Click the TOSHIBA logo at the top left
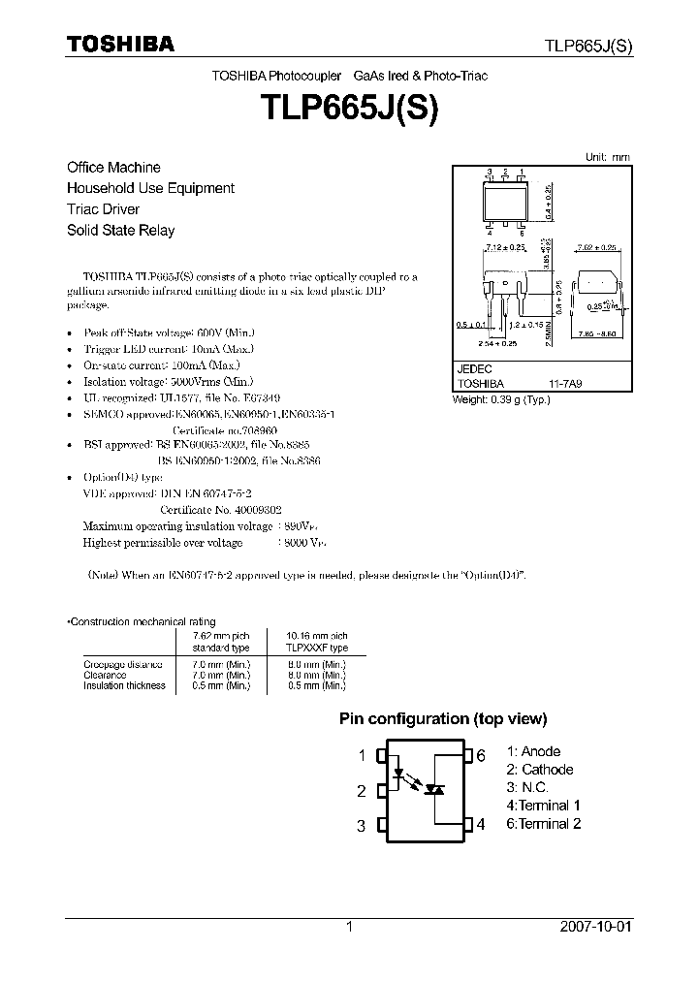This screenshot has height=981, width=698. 120,45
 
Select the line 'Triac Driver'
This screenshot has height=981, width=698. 103,209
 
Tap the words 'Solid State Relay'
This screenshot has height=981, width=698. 120,231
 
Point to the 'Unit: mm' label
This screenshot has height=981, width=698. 608,157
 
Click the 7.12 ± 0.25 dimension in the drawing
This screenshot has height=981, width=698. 504,249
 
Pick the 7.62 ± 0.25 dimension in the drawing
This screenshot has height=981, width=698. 595,249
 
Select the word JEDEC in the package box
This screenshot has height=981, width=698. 474,369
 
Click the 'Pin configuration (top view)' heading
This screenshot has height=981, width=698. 442,719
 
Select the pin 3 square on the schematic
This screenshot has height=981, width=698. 381,826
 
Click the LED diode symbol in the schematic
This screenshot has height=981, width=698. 398,775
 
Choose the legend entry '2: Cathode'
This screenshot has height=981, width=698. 540,770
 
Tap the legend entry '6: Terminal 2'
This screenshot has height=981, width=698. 544,824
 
